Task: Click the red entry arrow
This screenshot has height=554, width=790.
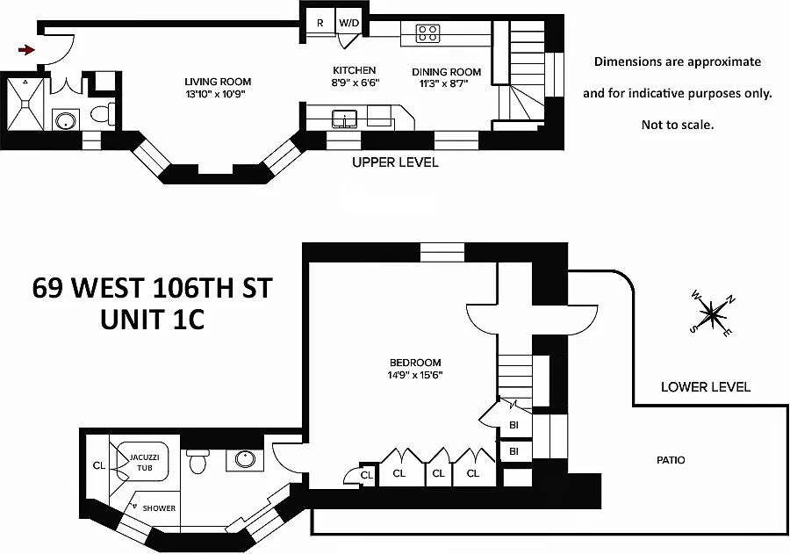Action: (26, 50)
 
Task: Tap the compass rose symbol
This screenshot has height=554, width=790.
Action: (712, 313)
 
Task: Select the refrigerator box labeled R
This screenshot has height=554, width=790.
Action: (320, 23)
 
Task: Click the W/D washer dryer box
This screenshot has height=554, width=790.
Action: (349, 23)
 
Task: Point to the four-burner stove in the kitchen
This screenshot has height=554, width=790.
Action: (427, 33)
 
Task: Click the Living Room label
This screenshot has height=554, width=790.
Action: (218, 82)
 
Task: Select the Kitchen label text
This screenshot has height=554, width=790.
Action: (354, 70)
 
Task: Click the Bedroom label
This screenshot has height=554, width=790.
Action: (416, 362)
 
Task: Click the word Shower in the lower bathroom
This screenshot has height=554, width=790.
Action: (159, 508)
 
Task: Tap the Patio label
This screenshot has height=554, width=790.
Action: (671, 459)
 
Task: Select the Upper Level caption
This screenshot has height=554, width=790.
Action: (395, 162)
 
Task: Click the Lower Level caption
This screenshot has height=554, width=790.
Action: (706, 386)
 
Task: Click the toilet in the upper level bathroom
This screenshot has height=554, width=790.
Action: (103, 112)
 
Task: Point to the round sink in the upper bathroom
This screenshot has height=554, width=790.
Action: (63, 119)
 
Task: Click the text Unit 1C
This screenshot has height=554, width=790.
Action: (153, 319)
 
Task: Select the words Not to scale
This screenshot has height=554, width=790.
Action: (677, 125)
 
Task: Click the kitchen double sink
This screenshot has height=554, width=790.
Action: (344, 117)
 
